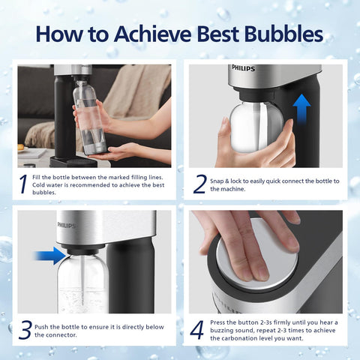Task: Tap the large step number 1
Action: (24, 182)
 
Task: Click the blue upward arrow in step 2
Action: (301, 110)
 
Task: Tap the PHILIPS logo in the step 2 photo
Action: (243, 68)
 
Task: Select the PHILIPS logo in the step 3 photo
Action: (67, 223)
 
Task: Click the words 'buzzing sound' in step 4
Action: (234, 330)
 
